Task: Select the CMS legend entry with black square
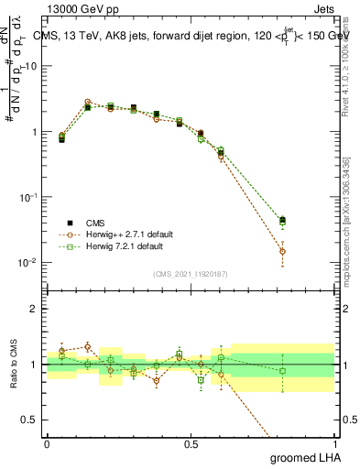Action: click(86, 223)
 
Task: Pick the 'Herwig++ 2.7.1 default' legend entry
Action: click(112, 234)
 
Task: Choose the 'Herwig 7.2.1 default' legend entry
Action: click(109, 246)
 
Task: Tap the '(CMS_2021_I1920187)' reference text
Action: click(190, 274)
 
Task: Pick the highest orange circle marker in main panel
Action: click(88, 103)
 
